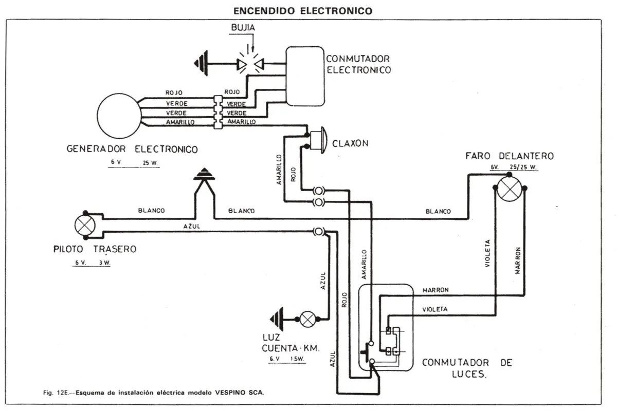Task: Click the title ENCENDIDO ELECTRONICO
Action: click(x=303, y=10)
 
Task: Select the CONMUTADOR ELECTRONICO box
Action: click(x=304, y=76)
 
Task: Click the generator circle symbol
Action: click(x=119, y=116)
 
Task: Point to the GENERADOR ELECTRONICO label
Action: click(x=132, y=150)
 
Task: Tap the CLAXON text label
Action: click(x=350, y=143)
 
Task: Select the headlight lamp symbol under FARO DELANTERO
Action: click(x=510, y=190)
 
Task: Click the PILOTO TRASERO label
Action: click(x=95, y=249)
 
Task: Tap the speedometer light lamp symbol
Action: click(x=308, y=319)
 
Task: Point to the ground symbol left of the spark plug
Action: click(x=201, y=64)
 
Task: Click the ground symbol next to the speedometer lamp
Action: click(x=278, y=319)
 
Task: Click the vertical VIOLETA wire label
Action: click(x=487, y=253)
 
